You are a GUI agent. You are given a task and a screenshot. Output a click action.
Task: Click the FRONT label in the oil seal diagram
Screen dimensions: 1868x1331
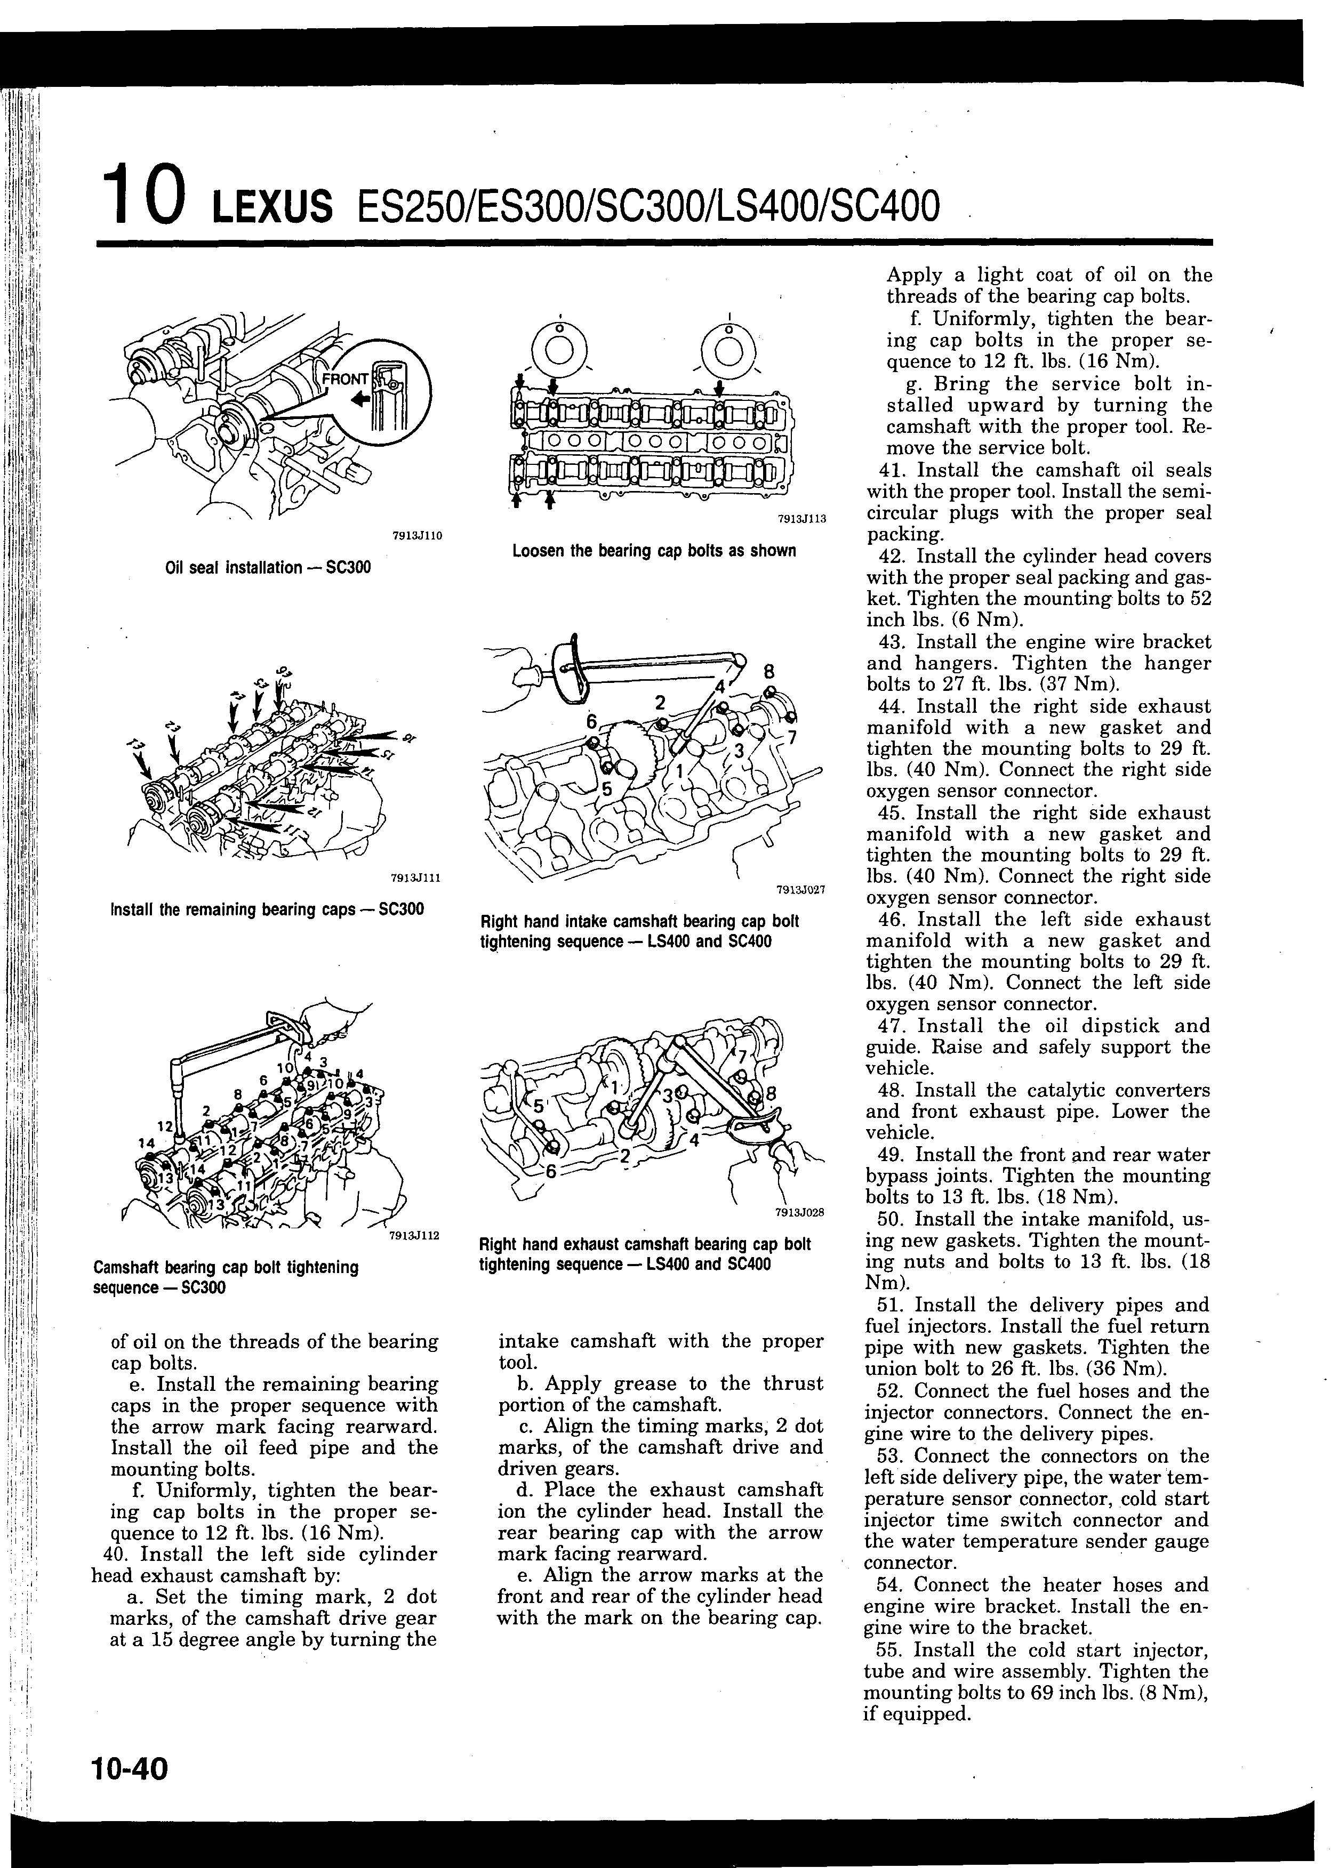[345, 380]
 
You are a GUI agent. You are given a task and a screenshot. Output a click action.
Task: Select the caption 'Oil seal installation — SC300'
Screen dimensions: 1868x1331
[268, 567]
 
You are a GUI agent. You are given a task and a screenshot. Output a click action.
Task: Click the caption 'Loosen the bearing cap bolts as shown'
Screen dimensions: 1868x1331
[654, 551]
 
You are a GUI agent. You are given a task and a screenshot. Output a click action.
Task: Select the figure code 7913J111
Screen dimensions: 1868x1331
[416, 878]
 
